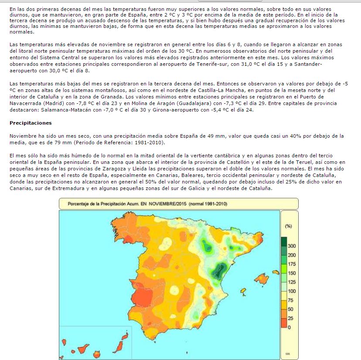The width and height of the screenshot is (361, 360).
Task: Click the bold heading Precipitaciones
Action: click(31, 123)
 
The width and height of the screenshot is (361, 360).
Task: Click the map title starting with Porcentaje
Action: click(147, 204)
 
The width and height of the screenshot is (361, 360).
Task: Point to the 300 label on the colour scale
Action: click(292, 246)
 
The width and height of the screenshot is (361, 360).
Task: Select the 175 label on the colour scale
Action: click(292, 264)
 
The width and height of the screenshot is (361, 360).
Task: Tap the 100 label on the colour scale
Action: click(292, 291)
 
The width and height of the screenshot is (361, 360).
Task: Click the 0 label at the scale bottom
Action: click(289, 327)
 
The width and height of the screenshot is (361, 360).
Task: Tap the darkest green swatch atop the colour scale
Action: click(284, 241)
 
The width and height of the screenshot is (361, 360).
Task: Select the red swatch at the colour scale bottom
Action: click(284, 323)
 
